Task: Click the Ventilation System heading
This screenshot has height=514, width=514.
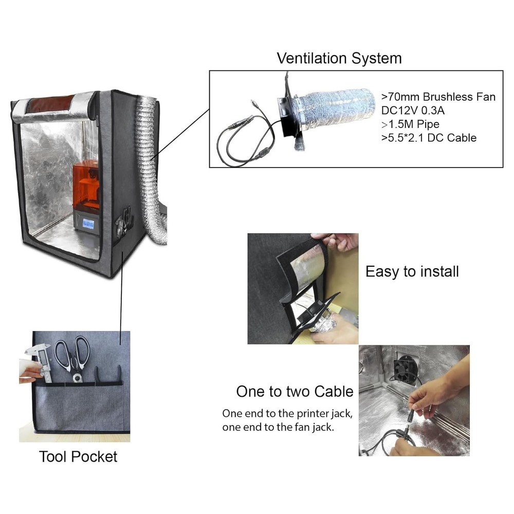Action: pos(339,58)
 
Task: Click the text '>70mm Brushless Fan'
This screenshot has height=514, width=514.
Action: pos(438,97)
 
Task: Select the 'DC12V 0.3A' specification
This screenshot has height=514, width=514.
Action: pos(414,110)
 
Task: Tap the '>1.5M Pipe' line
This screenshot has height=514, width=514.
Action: pos(411,124)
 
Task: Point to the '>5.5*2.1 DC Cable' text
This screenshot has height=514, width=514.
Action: pos(429,137)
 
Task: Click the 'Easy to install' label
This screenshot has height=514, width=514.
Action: pos(412,271)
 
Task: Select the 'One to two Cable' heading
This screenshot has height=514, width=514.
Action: pos(295,392)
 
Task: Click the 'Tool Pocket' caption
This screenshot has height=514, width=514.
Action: pos(78,456)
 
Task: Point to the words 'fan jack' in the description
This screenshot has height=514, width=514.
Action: pos(311,427)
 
